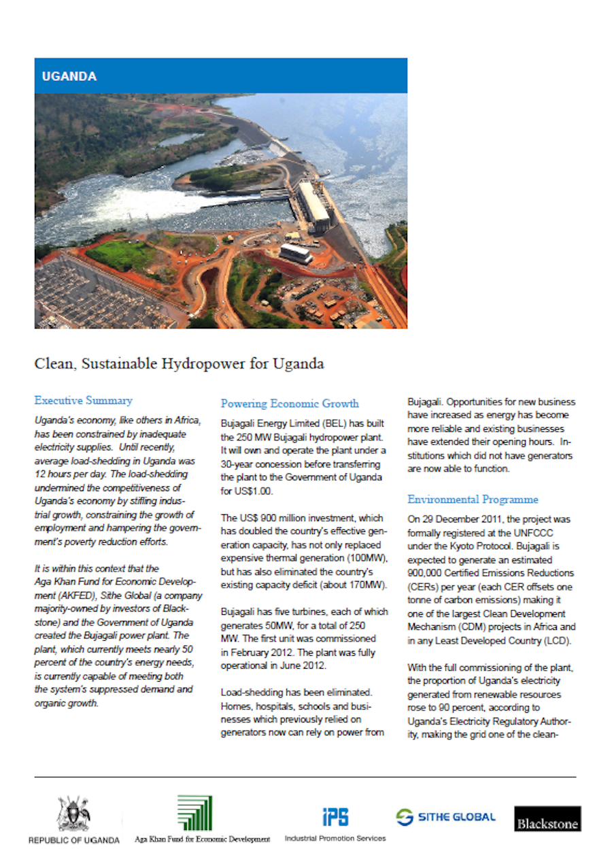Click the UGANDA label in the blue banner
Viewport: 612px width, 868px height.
69,76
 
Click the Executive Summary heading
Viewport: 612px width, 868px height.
83,401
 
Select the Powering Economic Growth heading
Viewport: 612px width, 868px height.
290,403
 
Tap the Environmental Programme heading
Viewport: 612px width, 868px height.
473,499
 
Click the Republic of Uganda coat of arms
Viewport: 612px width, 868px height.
73,813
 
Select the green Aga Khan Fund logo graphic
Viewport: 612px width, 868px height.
194,813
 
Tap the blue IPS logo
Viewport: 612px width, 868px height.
335,816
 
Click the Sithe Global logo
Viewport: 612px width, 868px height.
446,817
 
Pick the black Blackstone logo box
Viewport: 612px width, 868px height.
547,819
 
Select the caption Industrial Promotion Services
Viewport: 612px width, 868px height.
335,838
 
